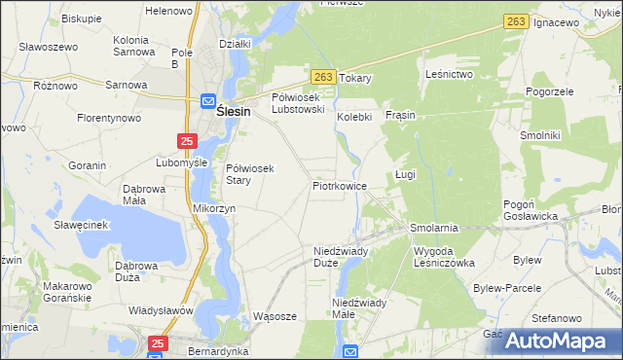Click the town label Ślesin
[x=233, y=112]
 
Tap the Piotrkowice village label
[x=339, y=185]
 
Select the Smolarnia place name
[x=433, y=227]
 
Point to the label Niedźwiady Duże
[x=340, y=256]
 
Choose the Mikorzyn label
[x=215, y=208]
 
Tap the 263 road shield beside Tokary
[x=324, y=76]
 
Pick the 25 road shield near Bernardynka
[x=159, y=342]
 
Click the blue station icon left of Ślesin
[x=208, y=100]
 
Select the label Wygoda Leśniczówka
[x=443, y=256]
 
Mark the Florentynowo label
[x=109, y=118]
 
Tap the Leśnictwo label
[x=449, y=74]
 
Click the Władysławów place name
[x=161, y=310]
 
